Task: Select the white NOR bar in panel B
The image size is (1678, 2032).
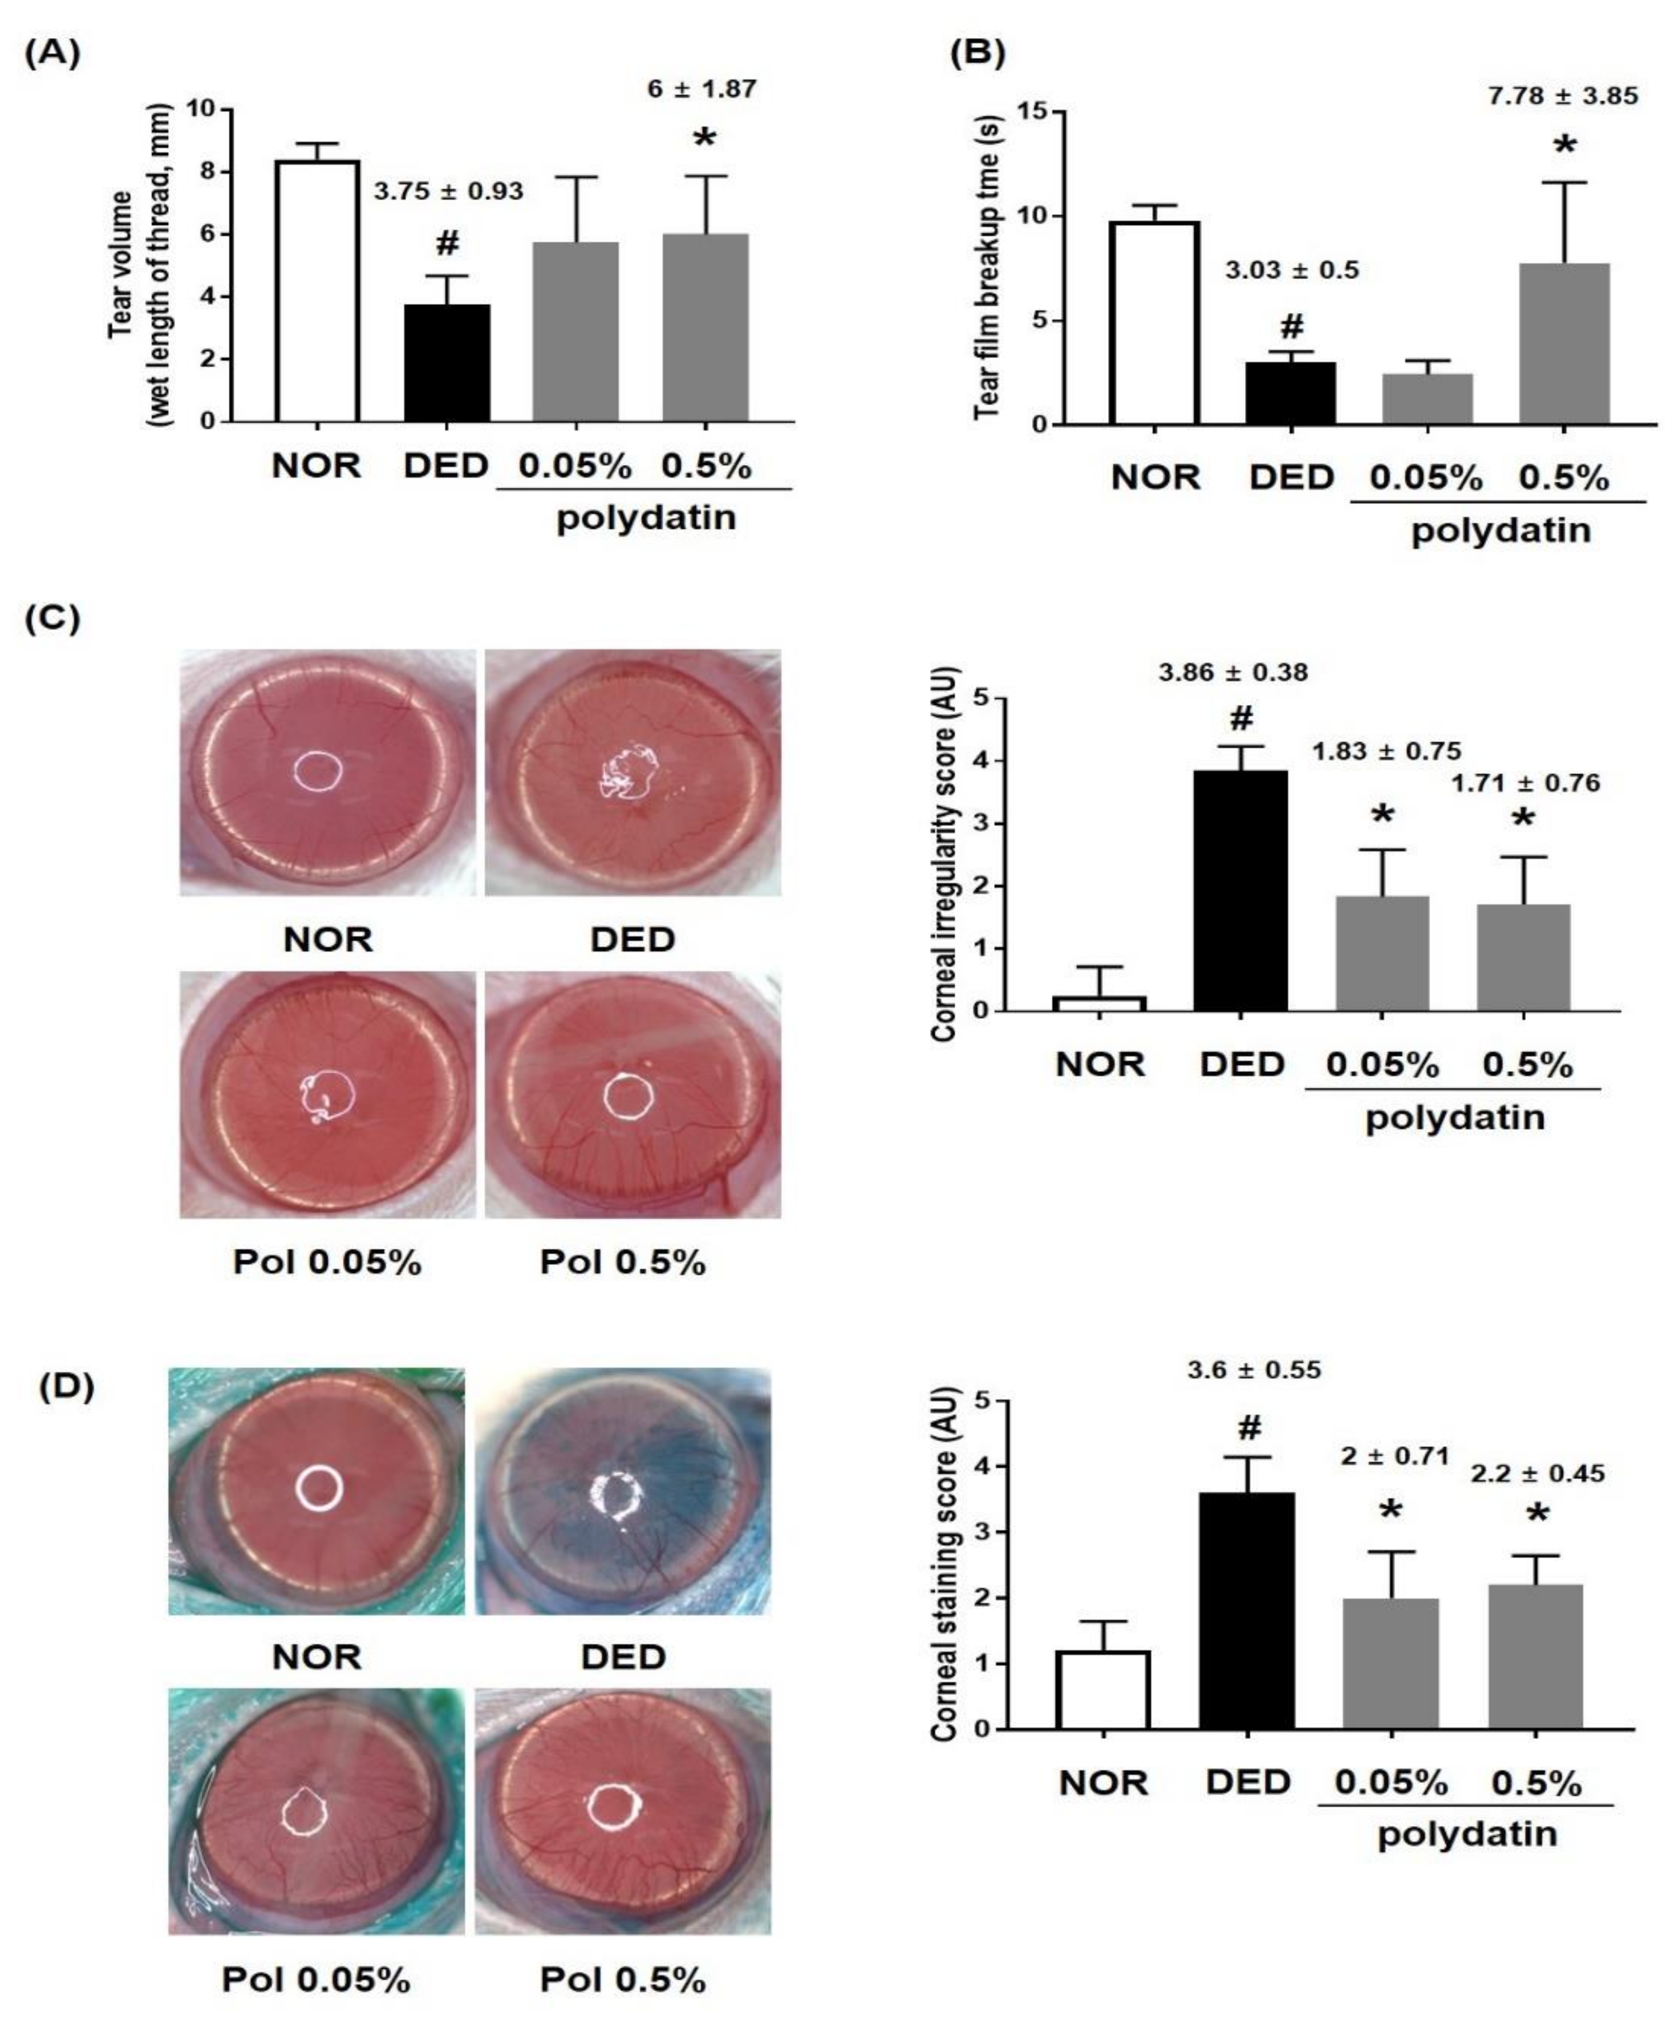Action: pos(1154,324)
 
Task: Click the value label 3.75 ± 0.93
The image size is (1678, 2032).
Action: pos(449,191)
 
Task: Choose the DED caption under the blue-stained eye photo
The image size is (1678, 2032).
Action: pos(624,1657)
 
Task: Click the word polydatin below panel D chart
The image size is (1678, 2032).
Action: pos(1467,1834)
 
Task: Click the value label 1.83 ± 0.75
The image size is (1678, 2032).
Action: pos(1386,751)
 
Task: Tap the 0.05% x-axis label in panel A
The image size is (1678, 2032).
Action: pos(575,466)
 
